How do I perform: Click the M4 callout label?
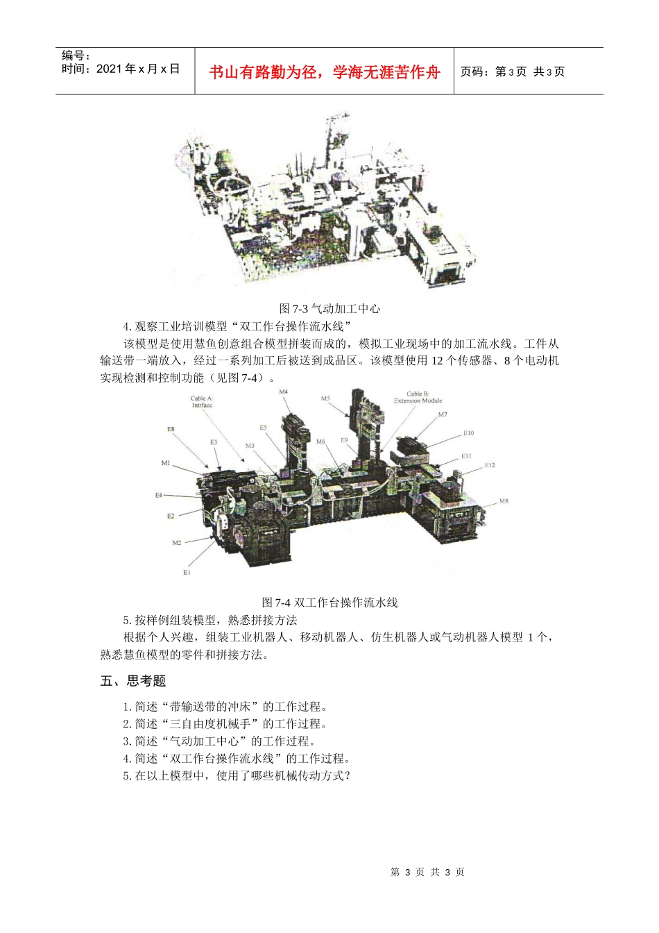[x=284, y=392]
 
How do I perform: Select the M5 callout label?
[x=325, y=399]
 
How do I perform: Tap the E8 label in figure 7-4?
[x=171, y=429]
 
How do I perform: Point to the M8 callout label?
[x=504, y=501]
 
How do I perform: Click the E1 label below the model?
[x=187, y=572]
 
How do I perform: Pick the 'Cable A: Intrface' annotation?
[x=202, y=402]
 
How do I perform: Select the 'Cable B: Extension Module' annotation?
[x=418, y=397]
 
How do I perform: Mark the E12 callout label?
[x=490, y=465]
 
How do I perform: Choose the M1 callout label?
[x=166, y=463]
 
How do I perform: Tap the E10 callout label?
[x=469, y=433]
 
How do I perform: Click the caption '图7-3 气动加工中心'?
[x=329, y=309]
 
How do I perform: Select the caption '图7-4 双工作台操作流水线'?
[x=329, y=603]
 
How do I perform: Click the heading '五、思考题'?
[x=133, y=681]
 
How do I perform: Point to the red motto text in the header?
[x=324, y=72]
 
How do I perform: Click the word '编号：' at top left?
[x=76, y=56]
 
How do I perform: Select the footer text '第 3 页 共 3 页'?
[x=427, y=872]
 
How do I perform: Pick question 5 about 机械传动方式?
[x=237, y=776]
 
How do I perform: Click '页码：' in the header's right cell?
[x=477, y=72]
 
